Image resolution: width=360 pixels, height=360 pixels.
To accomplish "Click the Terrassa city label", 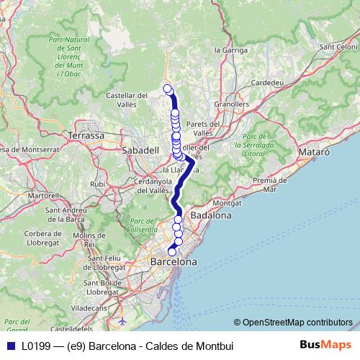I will [x=86, y=135].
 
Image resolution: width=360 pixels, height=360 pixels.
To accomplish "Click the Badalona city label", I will [x=210, y=215].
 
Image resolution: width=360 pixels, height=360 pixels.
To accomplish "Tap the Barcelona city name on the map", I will [x=173, y=262].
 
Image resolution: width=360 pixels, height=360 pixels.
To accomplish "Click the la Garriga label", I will [x=231, y=50].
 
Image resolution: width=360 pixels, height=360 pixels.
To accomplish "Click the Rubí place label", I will [x=98, y=184].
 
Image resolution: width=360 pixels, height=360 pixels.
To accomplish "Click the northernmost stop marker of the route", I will [x=168, y=89].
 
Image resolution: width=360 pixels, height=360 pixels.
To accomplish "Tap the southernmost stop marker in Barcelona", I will [x=171, y=251].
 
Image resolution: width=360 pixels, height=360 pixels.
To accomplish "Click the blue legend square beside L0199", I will [x=11, y=346].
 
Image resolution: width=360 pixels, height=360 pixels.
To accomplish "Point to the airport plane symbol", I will [x=122, y=319].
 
